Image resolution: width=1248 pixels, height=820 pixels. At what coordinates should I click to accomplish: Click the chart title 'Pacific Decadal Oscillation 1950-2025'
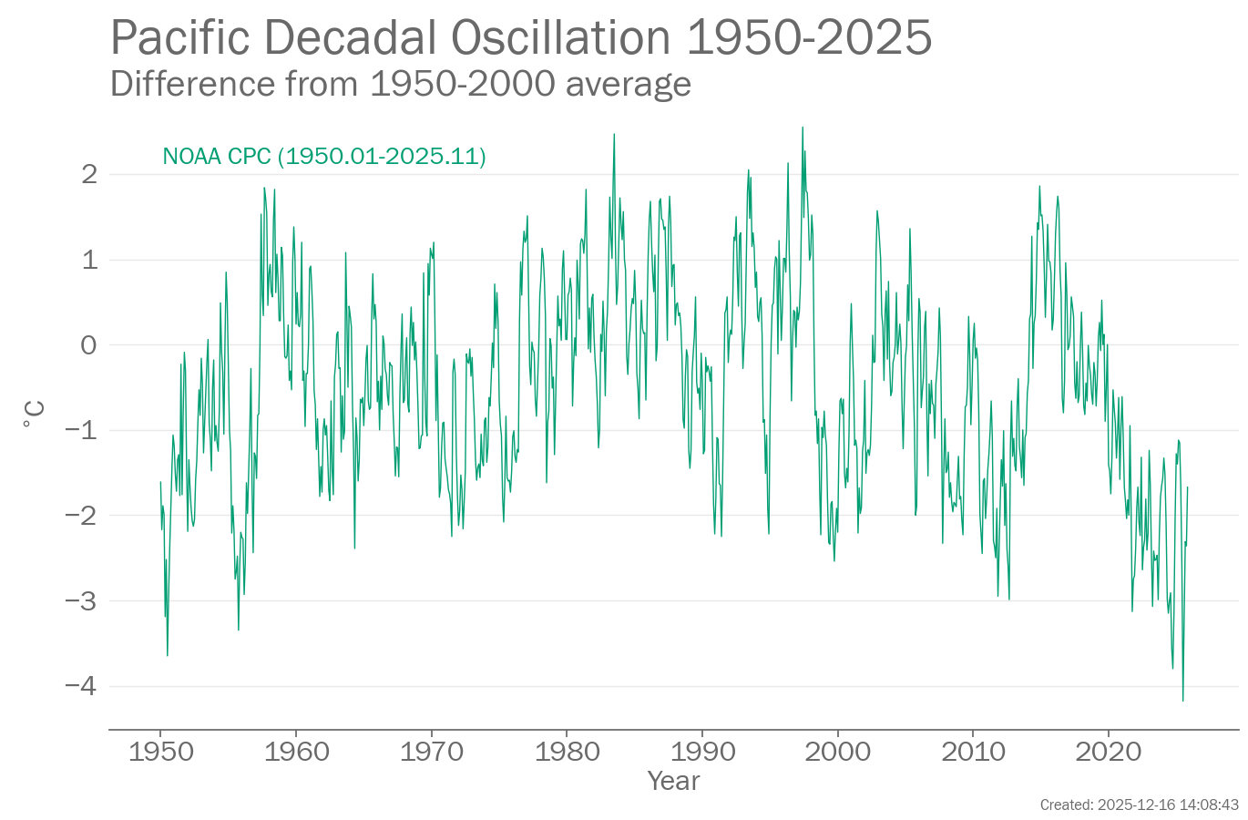pos(521,38)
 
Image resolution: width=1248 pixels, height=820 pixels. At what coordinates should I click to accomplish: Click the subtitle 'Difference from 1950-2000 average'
pos(401,84)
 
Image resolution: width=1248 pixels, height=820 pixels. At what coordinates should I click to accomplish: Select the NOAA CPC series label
pos(324,157)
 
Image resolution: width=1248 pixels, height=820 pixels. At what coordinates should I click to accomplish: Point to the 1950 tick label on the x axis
pos(160,752)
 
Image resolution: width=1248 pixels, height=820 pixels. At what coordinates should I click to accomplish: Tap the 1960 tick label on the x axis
pos(296,752)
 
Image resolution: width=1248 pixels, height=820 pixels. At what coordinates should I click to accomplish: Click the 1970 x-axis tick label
pos(431,752)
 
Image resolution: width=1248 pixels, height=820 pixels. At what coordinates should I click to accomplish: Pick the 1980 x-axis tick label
pos(567,752)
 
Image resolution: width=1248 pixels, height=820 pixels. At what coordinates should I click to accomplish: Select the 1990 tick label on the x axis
pos(702,752)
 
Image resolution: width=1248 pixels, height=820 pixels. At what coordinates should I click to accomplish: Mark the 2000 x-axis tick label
pos(837,752)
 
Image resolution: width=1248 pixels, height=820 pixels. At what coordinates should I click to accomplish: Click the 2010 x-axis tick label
pos(973,752)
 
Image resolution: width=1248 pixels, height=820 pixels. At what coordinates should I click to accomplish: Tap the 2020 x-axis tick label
pos(1108,752)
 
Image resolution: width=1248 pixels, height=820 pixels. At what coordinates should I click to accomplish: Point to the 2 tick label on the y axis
pos(89,174)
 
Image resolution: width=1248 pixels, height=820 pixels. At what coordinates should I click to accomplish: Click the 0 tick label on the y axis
pos(89,345)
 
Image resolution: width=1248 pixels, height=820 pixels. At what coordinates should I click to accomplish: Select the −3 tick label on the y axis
pos(82,601)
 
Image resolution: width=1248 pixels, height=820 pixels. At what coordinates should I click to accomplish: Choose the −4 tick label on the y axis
pos(82,686)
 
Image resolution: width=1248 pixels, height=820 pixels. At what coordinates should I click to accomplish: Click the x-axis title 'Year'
pos(674,781)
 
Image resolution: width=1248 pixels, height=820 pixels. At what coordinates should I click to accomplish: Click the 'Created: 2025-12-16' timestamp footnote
pos(1139,805)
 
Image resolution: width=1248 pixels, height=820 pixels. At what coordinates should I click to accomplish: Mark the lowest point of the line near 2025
pos(1182,701)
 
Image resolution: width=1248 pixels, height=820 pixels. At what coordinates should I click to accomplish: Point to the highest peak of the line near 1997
pos(803,128)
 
